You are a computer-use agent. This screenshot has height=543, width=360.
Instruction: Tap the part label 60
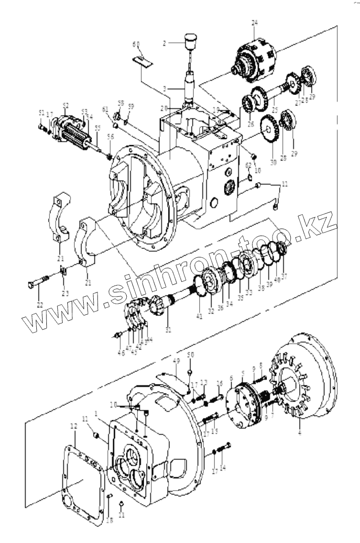coord(136,45)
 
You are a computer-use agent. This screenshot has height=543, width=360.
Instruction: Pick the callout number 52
coord(66,105)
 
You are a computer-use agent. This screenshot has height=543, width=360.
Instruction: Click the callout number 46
coord(121,354)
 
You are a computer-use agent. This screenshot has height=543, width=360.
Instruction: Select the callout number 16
coord(219,383)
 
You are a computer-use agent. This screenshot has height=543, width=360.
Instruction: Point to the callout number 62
coord(248,165)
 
